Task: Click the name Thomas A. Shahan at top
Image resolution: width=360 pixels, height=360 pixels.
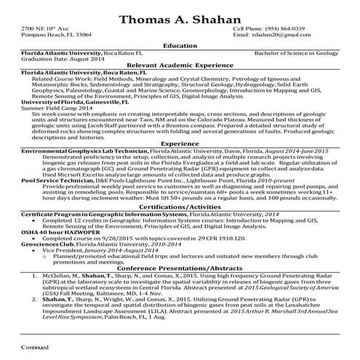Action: (180, 17)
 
